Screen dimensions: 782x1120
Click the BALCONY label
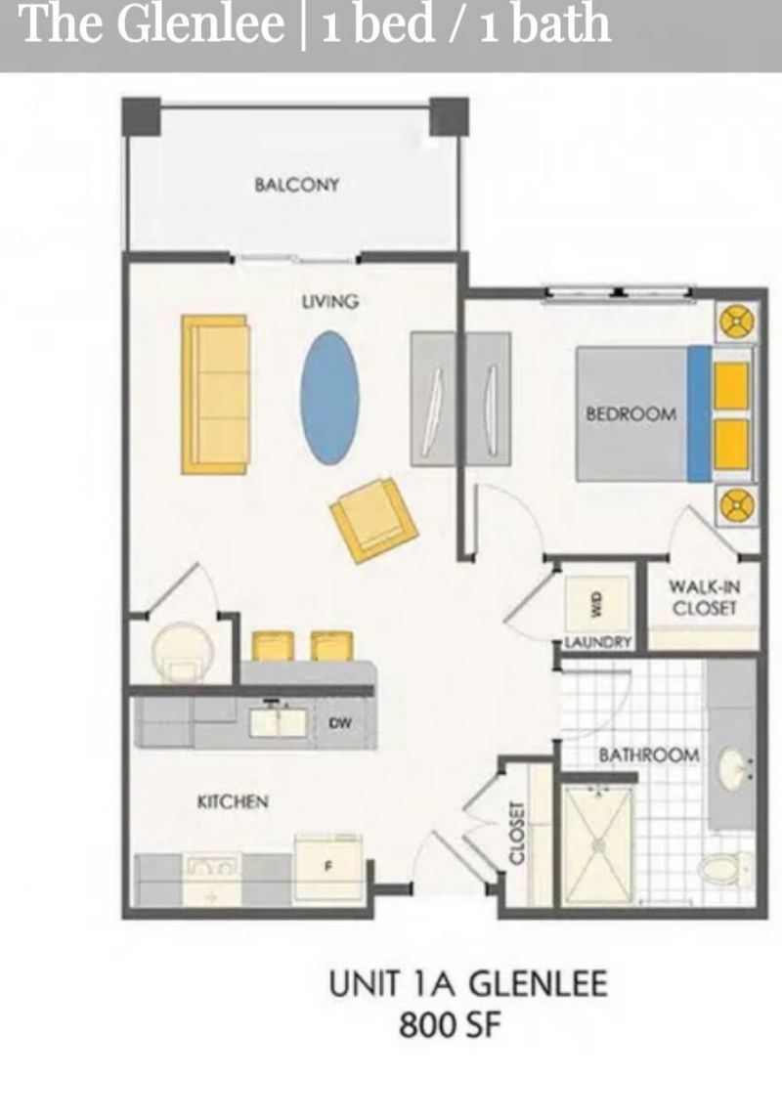pos(296,185)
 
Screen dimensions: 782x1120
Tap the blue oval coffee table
pos(330,398)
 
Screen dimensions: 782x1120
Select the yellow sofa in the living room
pos(215,394)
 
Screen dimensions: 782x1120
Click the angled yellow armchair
pos(373,518)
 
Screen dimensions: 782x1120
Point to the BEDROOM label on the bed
pos(630,413)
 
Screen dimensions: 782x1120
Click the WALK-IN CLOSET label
pos(704,598)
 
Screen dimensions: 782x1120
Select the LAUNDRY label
pos(598,641)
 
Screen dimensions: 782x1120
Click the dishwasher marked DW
pos(340,723)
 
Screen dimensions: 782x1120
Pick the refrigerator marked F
pos(329,867)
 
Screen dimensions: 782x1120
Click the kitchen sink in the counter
pos(278,721)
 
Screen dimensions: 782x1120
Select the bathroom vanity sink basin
pos(733,768)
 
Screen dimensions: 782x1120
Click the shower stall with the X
pos(598,845)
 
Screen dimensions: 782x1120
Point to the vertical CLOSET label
pos(516,833)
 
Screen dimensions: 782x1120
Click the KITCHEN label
pos(233,801)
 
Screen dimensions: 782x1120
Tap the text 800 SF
pos(450,1026)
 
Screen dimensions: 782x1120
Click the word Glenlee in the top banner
pos(200,23)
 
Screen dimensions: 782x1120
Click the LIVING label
pos(329,301)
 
